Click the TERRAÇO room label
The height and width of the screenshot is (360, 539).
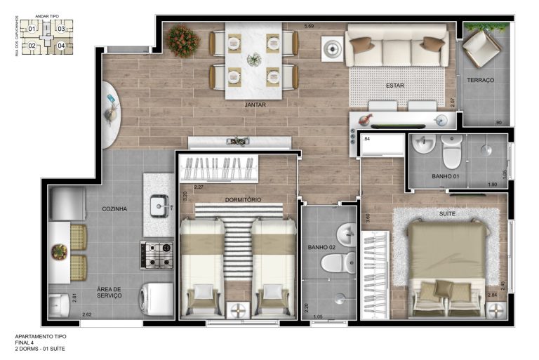click(481, 80)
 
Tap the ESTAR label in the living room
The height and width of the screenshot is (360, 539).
click(394, 86)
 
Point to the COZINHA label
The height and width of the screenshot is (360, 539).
click(114, 208)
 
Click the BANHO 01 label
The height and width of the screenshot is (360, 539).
click(446, 176)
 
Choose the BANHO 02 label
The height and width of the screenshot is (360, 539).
click(321, 246)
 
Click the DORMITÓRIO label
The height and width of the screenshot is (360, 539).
click(243, 199)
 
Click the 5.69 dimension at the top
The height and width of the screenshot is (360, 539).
click(309, 27)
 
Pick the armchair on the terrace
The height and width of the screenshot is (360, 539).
click(482, 46)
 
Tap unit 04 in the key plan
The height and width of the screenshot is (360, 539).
click(61, 46)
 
